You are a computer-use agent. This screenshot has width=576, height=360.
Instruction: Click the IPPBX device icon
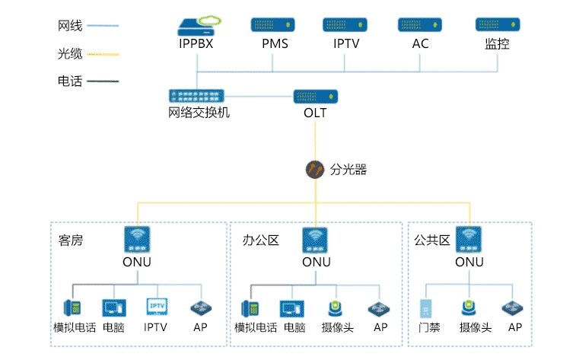coord(196,27)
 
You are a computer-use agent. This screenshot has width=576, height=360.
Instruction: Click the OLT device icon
coord(315,97)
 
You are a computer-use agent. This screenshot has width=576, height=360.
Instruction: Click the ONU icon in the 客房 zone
coord(137,241)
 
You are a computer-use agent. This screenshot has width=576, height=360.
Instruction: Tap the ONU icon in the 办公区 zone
coord(315,241)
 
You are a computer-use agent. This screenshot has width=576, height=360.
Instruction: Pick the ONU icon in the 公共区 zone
coord(469,241)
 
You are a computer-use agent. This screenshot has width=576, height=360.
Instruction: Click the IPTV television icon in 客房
coord(156,307)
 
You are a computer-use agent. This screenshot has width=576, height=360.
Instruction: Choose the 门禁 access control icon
coord(426,309)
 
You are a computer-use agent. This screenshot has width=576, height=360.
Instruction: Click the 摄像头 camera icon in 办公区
coord(336,308)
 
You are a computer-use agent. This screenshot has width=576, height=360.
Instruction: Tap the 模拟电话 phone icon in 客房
coord(73,308)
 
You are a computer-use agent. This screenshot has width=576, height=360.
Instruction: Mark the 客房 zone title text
coord(71,241)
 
